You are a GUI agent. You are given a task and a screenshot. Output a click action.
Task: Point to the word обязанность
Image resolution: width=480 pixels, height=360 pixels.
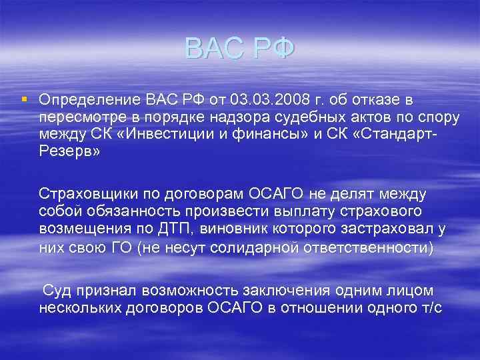click(135, 213)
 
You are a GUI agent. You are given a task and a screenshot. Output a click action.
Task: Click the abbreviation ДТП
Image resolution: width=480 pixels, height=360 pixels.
click(181, 230)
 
